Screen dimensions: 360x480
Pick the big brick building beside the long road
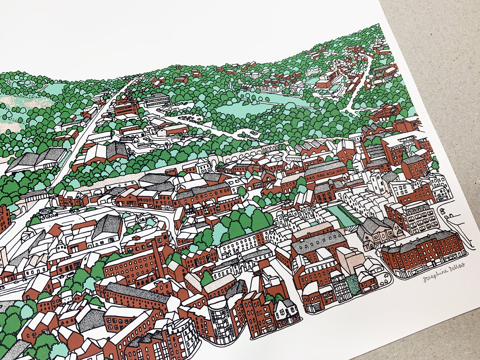point(126,106)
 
